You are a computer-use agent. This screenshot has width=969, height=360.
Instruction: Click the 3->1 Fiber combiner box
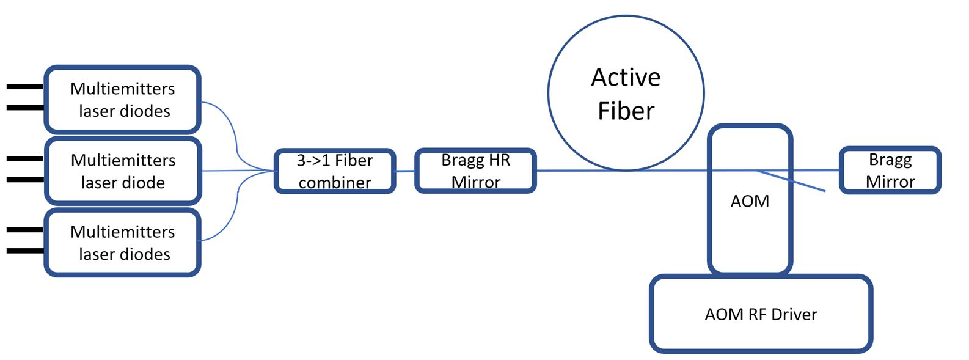tap(335, 171)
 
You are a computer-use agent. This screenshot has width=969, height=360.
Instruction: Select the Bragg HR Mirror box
tap(476, 171)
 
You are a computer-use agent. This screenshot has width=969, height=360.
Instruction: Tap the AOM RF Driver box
tap(761, 314)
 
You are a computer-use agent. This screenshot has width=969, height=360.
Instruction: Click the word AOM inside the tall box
tap(750, 201)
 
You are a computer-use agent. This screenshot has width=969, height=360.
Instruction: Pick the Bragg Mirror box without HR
tap(890, 171)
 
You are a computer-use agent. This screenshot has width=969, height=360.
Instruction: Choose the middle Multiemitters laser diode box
tap(123, 171)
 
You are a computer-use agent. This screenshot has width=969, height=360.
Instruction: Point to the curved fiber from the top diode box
tap(236, 143)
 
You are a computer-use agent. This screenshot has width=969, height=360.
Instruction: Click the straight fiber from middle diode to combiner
tap(238, 171)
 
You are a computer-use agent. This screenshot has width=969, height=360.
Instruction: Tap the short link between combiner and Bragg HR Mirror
tap(405, 171)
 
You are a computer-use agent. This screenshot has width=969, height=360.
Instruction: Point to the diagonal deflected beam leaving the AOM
tap(791, 181)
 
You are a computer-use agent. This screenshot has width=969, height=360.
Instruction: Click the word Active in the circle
tap(626, 78)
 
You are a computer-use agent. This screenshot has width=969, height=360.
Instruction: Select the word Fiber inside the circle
tap(626, 111)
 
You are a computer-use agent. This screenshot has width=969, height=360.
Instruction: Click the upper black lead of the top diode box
tap(25, 87)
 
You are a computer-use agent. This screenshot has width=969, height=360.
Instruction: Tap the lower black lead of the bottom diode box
tap(25, 251)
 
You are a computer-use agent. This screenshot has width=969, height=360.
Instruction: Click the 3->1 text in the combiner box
tap(313, 161)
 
